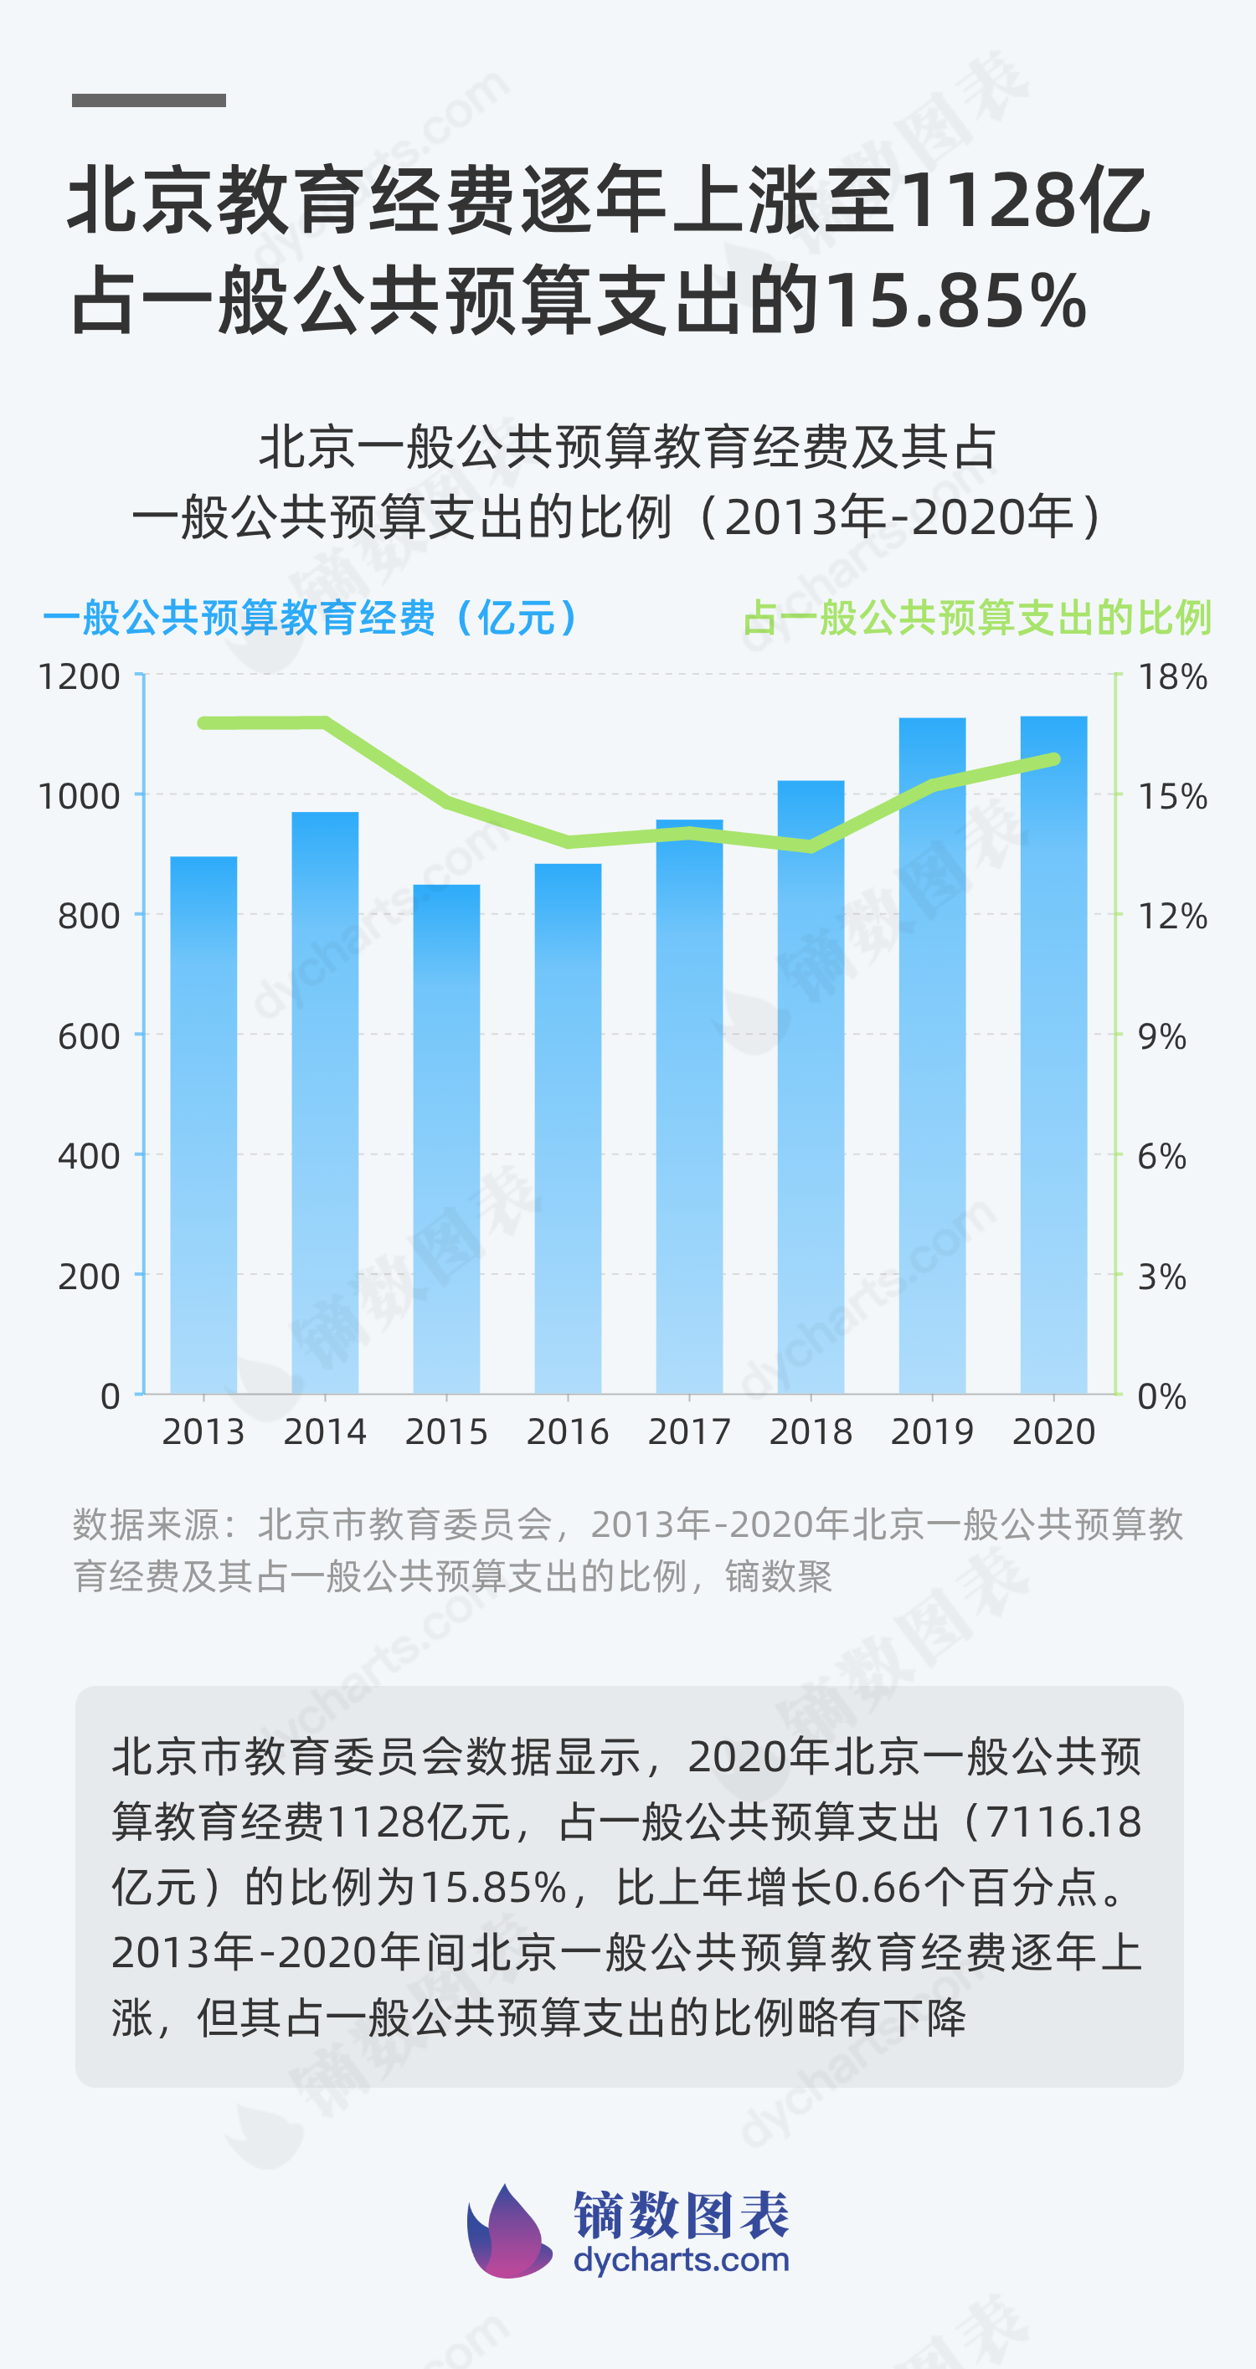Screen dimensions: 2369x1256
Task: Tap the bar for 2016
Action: pyautogui.click(x=568, y=1128)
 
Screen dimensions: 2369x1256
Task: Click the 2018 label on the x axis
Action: pyautogui.click(x=811, y=1432)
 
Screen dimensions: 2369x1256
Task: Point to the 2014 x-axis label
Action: pyautogui.click(x=325, y=1432)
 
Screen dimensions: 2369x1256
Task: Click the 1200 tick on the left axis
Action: pyautogui.click(x=80, y=677)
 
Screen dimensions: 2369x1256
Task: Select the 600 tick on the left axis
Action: pyautogui.click(x=88, y=1036)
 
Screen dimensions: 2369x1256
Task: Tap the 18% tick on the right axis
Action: pyautogui.click(x=1172, y=677)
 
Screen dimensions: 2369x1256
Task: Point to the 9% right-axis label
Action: pyautogui.click(x=1161, y=1036)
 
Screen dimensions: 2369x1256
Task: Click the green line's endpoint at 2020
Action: pyautogui.click(x=1054, y=759)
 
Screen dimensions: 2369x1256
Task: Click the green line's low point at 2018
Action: pyautogui.click(x=811, y=846)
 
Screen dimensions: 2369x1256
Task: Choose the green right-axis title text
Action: pyautogui.click(x=976, y=617)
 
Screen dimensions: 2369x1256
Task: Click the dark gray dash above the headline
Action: pyautogui.click(x=149, y=100)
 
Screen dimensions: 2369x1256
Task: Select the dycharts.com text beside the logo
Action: pyautogui.click(x=681, y=2259)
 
